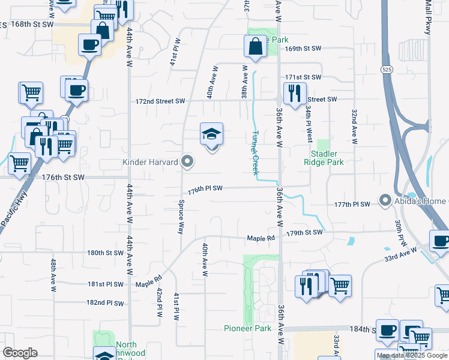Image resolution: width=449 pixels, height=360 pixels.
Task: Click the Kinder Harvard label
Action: tap(150, 162)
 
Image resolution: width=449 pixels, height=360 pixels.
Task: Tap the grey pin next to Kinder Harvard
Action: tap(188, 161)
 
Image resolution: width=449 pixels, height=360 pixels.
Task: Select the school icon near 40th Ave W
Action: tap(211, 134)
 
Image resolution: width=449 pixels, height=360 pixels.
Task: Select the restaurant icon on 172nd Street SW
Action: tap(294, 93)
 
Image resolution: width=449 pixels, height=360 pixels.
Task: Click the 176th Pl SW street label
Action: tap(205, 189)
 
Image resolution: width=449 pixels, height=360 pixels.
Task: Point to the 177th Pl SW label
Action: tap(352, 205)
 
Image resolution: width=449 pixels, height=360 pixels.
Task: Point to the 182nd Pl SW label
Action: tap(104, 303)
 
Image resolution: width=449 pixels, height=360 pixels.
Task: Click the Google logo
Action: tap(20, 353)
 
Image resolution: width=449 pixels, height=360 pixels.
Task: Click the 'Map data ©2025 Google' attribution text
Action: tap(412, 355)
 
